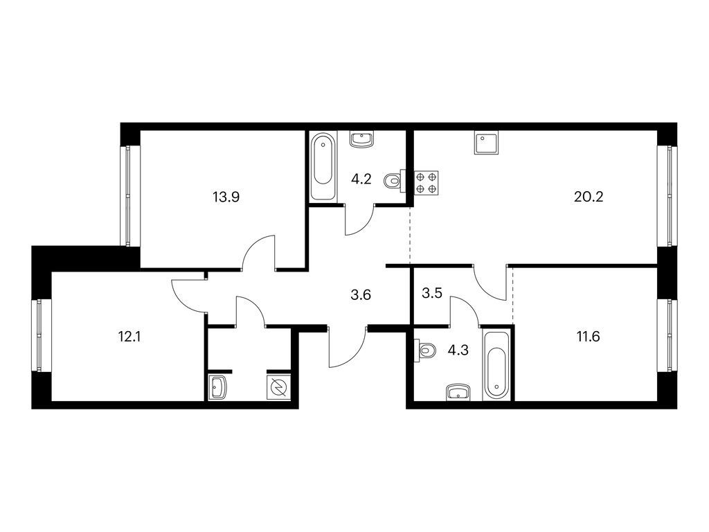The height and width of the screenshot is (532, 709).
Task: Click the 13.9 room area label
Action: click(x=226, y=197)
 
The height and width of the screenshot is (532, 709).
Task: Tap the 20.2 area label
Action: click(x=589, y=197)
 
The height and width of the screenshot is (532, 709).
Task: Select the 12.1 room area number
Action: click(x=129, y=337)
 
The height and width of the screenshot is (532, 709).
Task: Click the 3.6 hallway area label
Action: click(x=361, y=295)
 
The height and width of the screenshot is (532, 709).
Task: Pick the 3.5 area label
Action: click(x=431, y=293)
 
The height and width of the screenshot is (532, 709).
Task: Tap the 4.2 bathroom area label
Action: click(x=361, y=179)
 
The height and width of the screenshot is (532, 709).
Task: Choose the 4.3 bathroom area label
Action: click(x=458, y=350)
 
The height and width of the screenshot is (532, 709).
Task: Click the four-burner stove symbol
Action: click(x=426, y=183)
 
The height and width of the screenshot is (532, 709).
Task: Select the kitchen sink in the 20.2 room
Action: click(x=487, y=143)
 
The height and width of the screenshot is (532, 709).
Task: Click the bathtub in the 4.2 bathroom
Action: click(x=323, y=166)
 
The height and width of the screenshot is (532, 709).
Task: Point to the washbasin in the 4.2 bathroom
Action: click(x=361, y=139)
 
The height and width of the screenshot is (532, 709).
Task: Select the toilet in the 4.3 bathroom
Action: click(x=425, y=350)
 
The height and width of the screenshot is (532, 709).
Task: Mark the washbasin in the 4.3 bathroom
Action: click(x=458, y=392)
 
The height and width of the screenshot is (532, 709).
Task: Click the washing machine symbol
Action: click(x=278, y=388)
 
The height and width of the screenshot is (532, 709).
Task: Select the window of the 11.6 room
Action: click(x=667, y=335)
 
